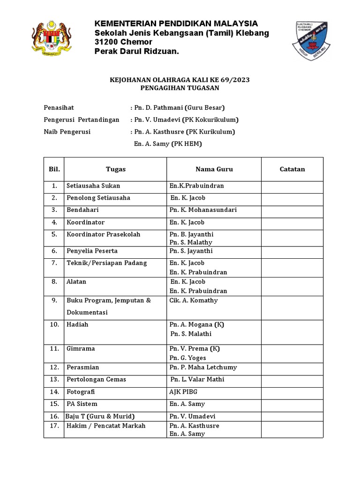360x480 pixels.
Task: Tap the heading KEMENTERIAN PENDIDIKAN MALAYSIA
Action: [x=176, y=24]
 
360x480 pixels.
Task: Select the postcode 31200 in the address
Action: [x=107, y=42]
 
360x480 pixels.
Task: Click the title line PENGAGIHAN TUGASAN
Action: [x=180, y=88]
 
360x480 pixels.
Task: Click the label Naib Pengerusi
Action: [x=67, y=132]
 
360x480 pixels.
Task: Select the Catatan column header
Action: [x=292, y=169]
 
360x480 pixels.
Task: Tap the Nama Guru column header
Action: [x=214, y=169]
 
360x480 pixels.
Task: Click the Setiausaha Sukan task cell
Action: [x=93, y=186]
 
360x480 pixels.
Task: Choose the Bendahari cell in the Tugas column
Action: [x=82, y=210]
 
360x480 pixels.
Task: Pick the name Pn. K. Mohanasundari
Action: [x=203, y=210]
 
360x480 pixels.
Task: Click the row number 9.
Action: [x=54, y=300]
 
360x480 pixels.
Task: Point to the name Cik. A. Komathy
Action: [x=193, y=300]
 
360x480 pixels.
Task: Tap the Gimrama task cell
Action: [x=81, y=349]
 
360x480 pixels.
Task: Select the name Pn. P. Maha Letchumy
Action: [x=203, y=367]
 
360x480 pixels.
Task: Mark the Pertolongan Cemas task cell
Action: [x=96, y=379]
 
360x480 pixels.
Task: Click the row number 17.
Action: [x=54, y=426]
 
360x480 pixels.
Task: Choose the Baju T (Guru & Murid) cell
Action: [x=100, y=416]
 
